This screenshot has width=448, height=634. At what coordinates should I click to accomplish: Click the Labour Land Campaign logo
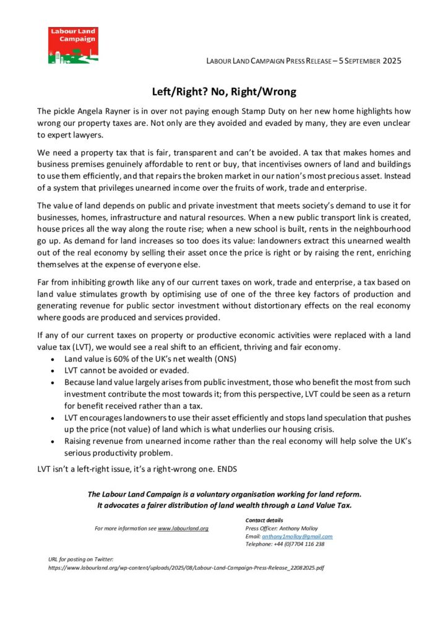(x=73, y=45)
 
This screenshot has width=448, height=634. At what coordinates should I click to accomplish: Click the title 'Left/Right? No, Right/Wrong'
(x=224, y=92)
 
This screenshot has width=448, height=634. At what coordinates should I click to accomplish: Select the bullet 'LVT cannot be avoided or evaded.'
(x=127, y=370)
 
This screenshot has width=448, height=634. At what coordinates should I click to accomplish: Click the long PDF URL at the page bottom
(x=186, y=567)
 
